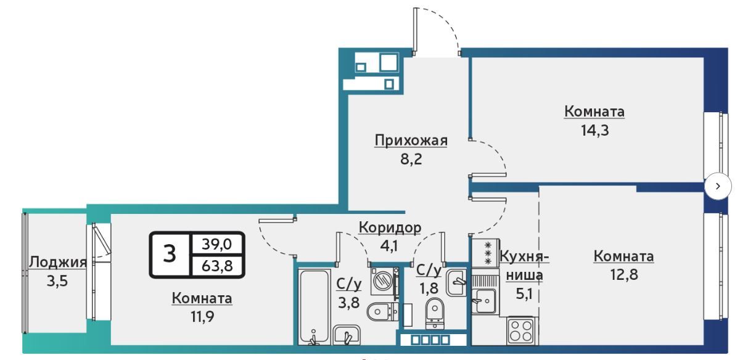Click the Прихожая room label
point(410,141)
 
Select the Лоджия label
point(57,263)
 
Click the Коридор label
point(390,228)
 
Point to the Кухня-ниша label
point(524,266)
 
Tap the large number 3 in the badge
point(170,254)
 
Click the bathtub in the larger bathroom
point(313,305)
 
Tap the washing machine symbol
point(384,281)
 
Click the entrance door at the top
point(436,31)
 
